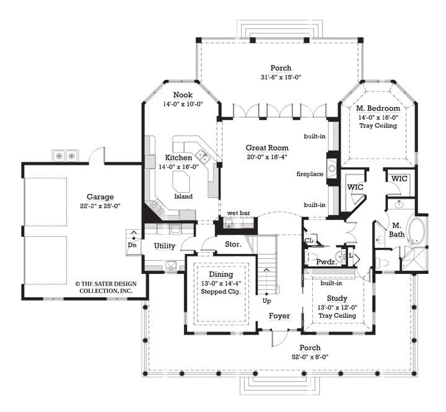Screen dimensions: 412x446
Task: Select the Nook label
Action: click(x=182, y=95)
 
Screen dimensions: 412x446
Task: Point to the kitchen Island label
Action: click(x=183, y=196)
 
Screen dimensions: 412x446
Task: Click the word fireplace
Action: click(x=310, y=174)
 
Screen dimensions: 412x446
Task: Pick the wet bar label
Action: click(x=238, y=213)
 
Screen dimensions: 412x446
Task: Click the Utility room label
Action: click(x=164, y=246)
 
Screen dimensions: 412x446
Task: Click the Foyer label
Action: click(x=279, y=316)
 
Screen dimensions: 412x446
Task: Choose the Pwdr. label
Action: click(x=326, y=262)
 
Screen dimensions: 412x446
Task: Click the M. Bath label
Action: click(x=396, y=230)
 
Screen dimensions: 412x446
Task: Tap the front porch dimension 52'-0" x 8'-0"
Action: click(x=310, y=357)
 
